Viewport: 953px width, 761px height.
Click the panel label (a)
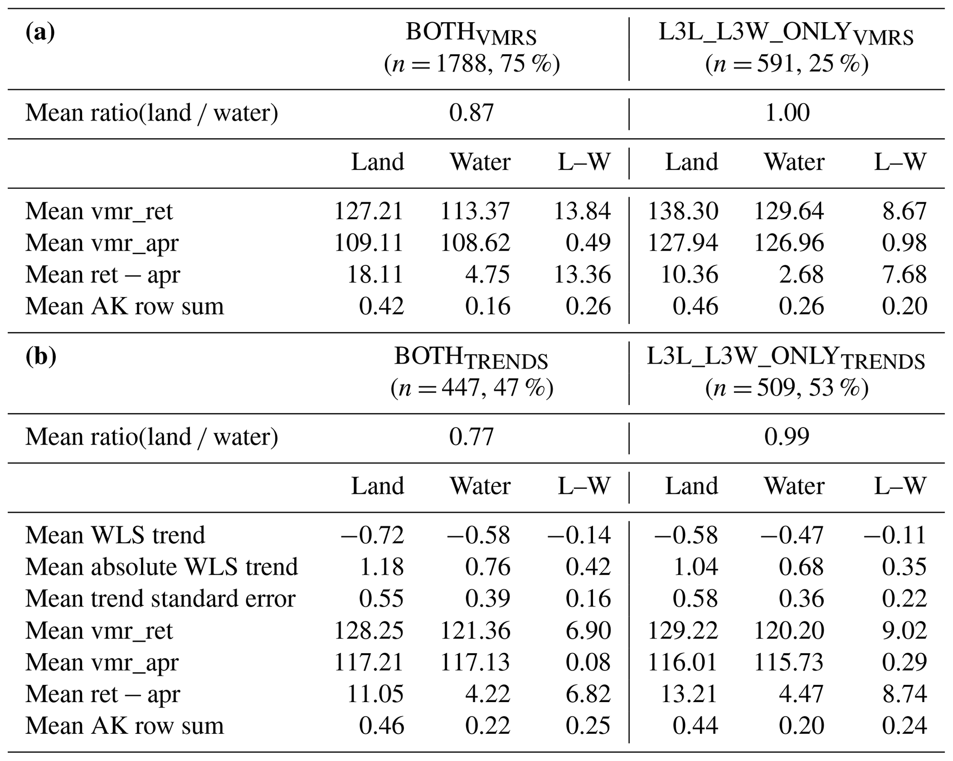(40, 33)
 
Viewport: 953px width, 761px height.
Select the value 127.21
(368, 211)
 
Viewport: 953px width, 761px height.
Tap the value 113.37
(475, 211)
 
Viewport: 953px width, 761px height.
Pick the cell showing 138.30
(682, 211)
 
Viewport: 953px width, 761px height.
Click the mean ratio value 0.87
(471, 113)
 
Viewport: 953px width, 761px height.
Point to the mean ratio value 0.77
(471, 437)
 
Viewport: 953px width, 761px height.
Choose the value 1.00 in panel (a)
(787, 113)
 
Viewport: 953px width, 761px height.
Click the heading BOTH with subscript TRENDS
(471, 358)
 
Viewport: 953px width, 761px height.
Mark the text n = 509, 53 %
(787, 388)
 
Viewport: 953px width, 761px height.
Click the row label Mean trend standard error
(160, 599)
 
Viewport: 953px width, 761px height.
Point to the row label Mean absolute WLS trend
(161, 567)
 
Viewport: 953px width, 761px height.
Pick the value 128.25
(368, 631)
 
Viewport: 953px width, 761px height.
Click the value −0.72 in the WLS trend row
(372, 535)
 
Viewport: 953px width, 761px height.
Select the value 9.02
(904, 631)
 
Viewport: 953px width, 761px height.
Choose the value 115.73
(788, 662)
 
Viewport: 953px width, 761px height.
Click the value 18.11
(375, 275)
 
